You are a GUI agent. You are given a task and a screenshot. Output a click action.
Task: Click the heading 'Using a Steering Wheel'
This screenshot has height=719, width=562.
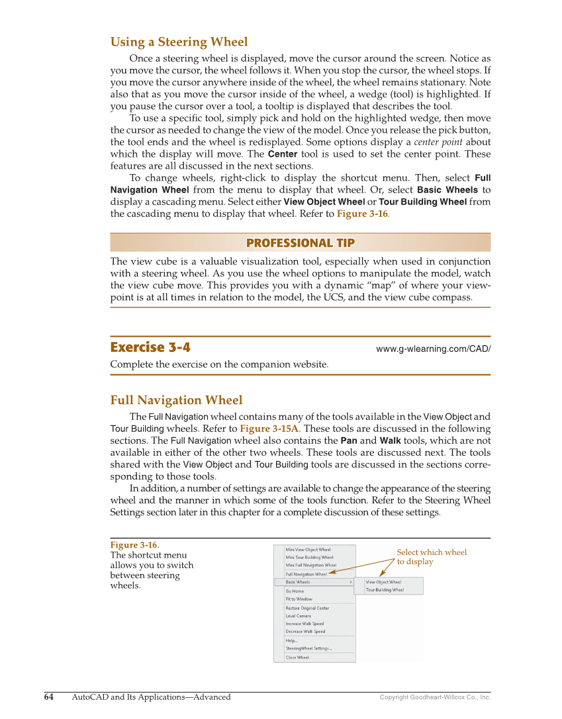coord(179,42)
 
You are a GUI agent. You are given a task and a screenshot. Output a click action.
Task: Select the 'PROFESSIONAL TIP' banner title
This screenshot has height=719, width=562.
coord(300,243)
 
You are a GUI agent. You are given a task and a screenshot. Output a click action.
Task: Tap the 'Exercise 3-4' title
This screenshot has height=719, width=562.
coord(150,347)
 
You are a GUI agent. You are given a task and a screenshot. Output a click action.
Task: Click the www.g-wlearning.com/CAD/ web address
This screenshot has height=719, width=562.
coord(433,349)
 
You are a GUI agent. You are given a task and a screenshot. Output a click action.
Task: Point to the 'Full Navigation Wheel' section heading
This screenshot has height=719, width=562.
coord(176,400)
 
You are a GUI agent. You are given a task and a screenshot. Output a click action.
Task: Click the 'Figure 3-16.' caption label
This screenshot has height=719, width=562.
coord(134,545)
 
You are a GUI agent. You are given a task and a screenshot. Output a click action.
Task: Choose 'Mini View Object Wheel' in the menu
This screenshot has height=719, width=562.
coord(308,550)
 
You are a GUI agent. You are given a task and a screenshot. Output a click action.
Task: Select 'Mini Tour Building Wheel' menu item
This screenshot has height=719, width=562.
coord(309,558)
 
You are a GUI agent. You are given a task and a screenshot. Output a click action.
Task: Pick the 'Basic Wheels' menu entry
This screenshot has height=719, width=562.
coord(298,582)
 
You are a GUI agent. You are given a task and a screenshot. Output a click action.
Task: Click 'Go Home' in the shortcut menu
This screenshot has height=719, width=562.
coord(295,591)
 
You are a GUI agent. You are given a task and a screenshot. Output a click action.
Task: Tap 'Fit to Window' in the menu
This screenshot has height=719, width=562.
coord(299,599)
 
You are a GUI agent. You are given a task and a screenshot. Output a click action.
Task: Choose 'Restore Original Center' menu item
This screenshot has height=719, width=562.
coord(307,608)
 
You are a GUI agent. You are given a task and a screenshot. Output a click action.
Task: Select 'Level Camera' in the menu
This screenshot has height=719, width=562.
coord(298,616)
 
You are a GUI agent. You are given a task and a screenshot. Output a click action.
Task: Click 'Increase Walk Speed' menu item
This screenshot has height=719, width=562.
coord(304,624)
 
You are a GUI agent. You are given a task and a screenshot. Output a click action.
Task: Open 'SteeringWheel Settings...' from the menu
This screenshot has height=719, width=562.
coord(308,648)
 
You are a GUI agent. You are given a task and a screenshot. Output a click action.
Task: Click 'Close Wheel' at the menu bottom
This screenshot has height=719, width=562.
coord(297,657)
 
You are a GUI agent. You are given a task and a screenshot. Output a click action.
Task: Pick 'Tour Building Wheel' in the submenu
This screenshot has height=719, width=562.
coord(385,590)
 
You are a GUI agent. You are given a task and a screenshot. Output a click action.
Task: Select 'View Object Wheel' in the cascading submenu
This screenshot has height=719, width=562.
coord(383,582)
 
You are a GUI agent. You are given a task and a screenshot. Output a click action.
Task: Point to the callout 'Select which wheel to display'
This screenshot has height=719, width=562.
coord(431,557)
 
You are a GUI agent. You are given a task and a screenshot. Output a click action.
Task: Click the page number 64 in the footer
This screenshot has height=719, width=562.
coord(49,697)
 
